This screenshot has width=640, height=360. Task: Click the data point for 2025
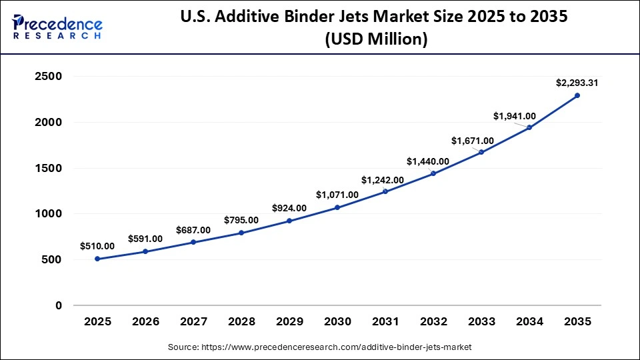[97, 259]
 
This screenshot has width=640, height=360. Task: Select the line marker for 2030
[337, 207]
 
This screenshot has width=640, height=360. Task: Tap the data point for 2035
[577, 95]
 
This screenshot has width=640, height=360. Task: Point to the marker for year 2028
[241, 233]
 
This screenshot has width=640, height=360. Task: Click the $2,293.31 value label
[577, 83]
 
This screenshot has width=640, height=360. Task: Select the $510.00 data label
[97, 246]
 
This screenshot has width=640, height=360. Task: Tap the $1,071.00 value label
[337, 195]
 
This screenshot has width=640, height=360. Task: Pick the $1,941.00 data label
[515, 116]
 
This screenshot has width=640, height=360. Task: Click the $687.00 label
[193, 230]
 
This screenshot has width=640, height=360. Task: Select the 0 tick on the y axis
[59, 305]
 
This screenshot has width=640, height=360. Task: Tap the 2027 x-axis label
[193, 321]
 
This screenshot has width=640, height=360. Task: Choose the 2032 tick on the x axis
[433, 321]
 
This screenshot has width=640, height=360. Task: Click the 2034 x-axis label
[529, 321]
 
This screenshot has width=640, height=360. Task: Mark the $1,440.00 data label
[428, 161]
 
